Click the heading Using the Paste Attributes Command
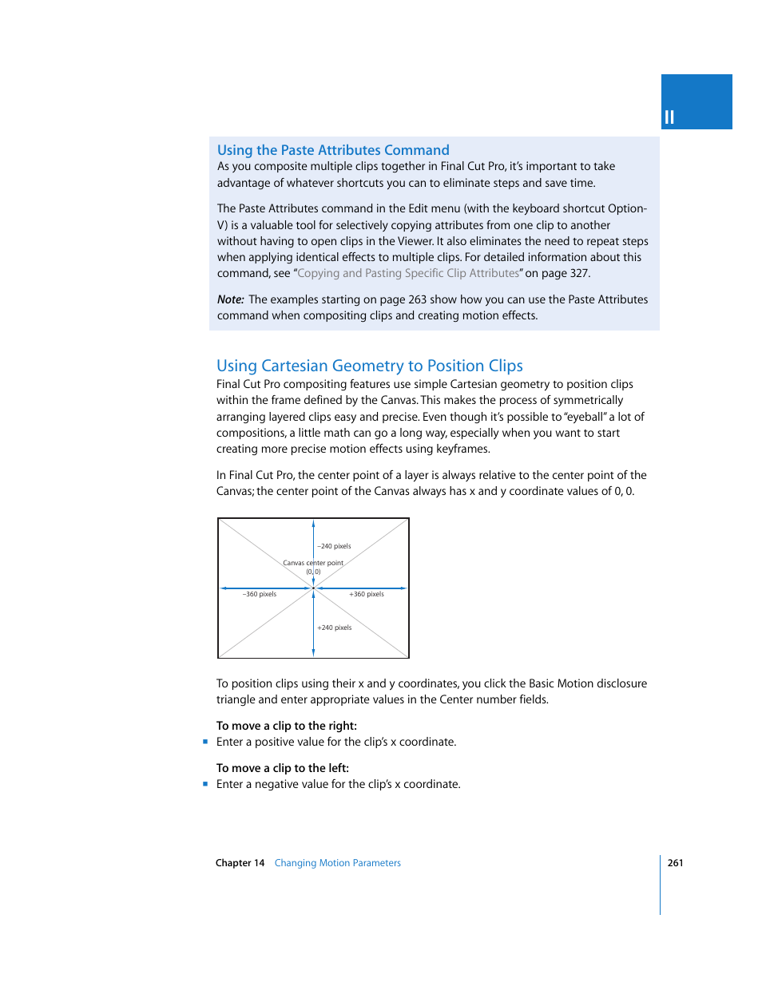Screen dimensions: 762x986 [333, 150]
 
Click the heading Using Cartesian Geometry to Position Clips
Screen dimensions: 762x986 [369, 366]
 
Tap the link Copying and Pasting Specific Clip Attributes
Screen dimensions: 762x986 [408, 273]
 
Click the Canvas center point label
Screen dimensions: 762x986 [313, 563]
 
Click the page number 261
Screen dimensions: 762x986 [675, 863]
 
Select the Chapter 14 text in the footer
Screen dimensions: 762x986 [240, 863]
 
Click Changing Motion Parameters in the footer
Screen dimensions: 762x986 [337, 863]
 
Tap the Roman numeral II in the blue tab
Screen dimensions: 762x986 [669, 117]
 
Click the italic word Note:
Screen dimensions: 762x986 [230, 299]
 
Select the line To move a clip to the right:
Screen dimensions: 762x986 [286, 726]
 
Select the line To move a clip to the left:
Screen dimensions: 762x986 [282, 768]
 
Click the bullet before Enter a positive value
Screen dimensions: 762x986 [205, 742]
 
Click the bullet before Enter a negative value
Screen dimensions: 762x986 [205, 784]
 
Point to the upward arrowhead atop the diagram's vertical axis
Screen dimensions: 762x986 [313, 525]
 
